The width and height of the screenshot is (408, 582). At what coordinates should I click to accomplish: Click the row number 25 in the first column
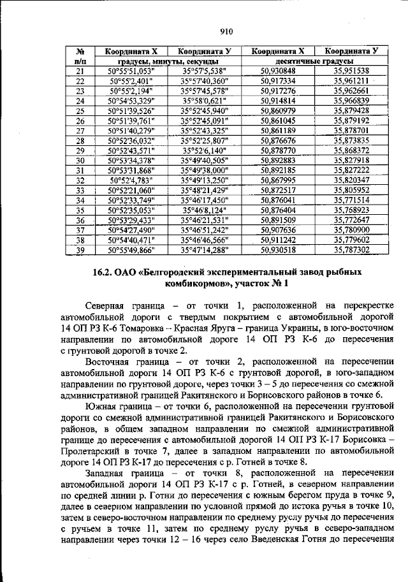tap(80, 110)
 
